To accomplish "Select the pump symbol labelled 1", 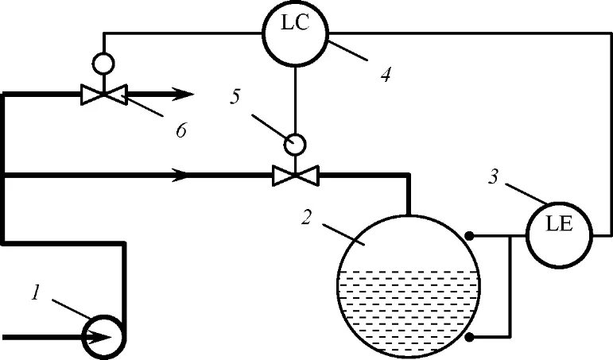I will tap(104, 336).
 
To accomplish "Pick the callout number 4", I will tap(385, 75).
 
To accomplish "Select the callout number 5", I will tap(235, 97).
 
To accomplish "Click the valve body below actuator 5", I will tap(295, 174).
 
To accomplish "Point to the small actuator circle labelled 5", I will tap(295, 144).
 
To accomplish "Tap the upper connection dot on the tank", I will tap(470, 236).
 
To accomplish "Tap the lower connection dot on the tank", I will tap(470, 338).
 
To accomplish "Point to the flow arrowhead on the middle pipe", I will tap(184, 174).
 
